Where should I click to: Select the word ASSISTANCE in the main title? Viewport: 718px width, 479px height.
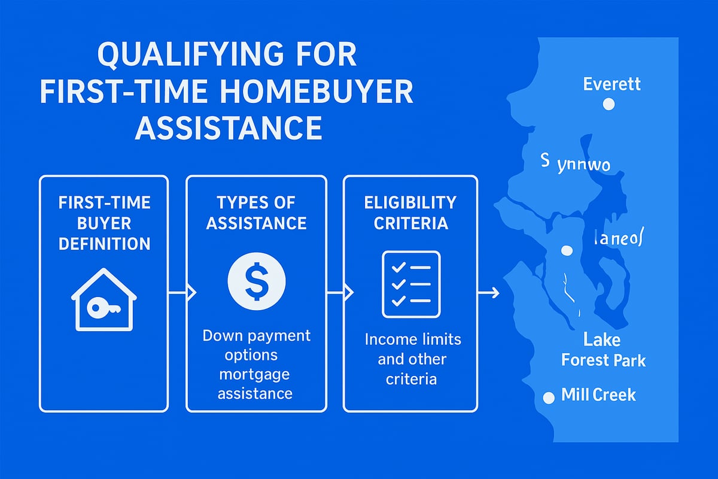(x=229, y=128)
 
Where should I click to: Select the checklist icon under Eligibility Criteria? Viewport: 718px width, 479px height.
(x=411, y=284)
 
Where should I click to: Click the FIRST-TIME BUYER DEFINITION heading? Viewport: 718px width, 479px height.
(x=104, y=223)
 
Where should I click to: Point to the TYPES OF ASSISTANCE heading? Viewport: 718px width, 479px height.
(x=257, y=213)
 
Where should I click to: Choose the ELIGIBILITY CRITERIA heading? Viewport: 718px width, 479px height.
(x=410, y=213)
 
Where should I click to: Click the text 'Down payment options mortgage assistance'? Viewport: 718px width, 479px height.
(x=257, y=364)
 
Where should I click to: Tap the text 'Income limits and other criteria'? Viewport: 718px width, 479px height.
(x=413, y=359)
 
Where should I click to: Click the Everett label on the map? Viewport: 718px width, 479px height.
(x=611, y=83)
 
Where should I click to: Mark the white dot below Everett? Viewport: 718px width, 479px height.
(x=609, y=105)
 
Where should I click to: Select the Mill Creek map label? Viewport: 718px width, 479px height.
(x=598, y=395)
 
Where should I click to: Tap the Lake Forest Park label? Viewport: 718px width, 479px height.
(x=603, y=351)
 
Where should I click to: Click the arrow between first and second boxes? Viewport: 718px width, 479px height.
(x=182, y=292)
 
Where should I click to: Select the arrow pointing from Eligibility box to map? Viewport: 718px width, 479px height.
(x=489, y=292)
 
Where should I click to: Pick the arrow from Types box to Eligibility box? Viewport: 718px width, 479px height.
(x=340, y=292)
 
